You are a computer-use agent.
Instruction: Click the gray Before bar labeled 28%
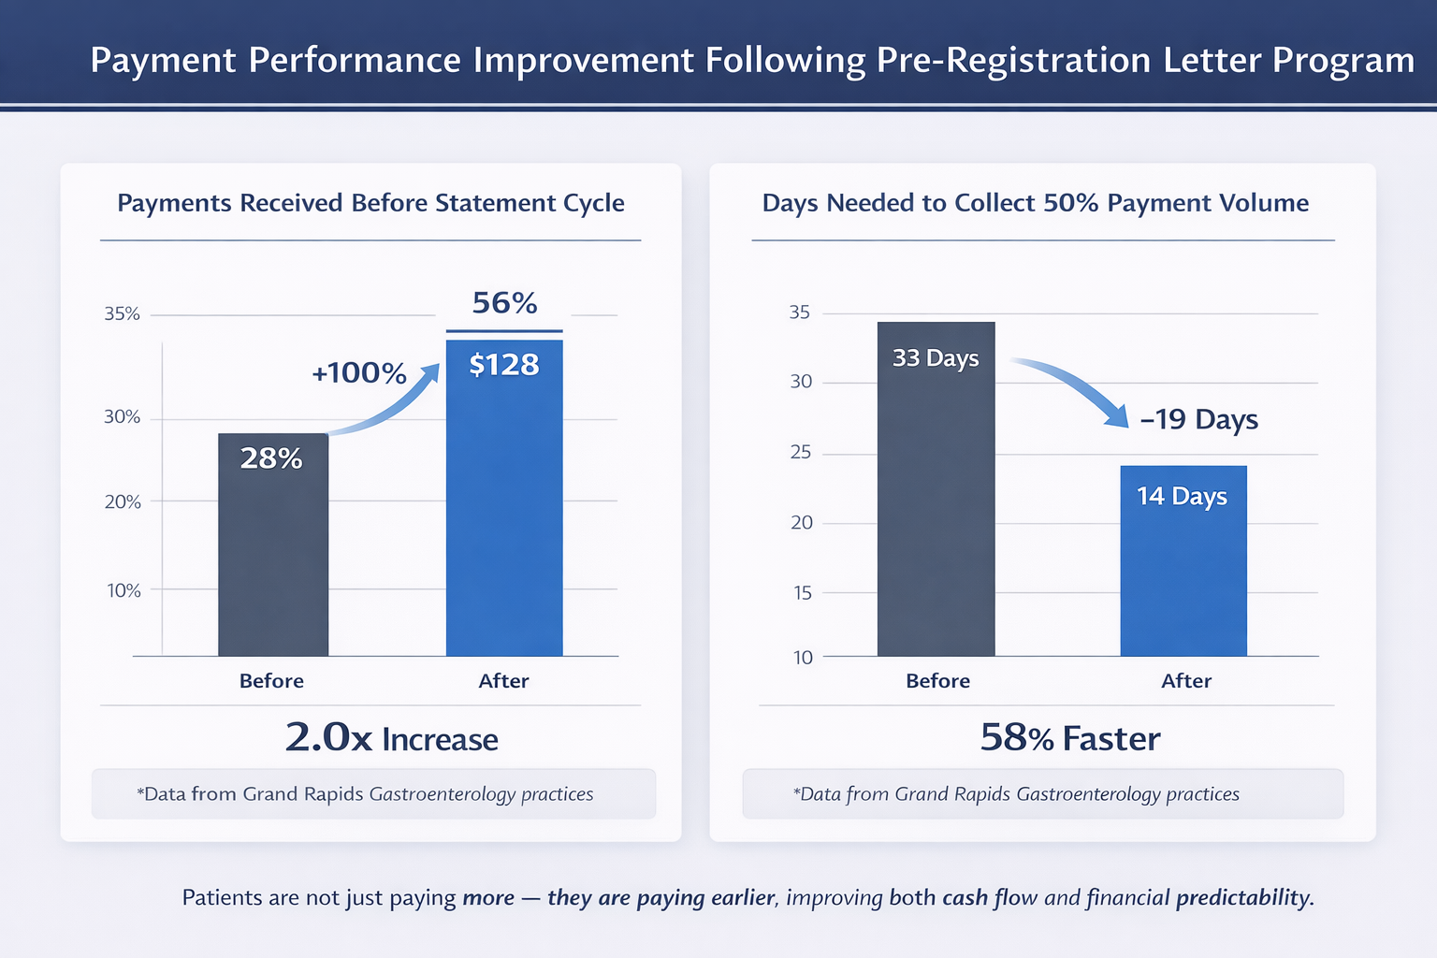[273, 544]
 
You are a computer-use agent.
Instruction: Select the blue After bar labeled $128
[504, 498]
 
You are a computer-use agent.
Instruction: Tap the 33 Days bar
[936, 489]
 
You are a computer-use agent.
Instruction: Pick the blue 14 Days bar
[1183, 560]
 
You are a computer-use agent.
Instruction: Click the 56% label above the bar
[504, 303]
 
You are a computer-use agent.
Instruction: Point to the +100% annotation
[358, 372]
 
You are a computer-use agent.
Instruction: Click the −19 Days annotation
[1199, 420]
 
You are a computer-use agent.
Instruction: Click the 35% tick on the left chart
[122, 313]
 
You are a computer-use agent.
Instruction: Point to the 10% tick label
[123, 590]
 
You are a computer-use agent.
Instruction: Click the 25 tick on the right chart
[801, 453]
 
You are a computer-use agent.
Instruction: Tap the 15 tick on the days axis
[802, 593]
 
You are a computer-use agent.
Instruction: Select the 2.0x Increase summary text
[391, 738]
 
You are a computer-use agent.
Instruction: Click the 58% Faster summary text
[1070, 738]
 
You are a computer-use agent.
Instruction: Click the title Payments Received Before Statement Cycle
[370, 203]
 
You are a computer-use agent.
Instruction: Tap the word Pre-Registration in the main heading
[1013, 61]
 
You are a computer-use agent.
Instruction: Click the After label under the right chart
[1186, 681]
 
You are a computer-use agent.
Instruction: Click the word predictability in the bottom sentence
[1244, 898]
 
